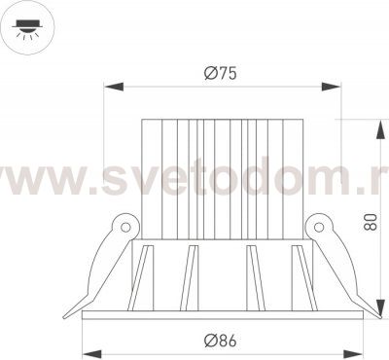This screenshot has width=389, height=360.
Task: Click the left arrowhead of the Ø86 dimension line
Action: click(87, 351)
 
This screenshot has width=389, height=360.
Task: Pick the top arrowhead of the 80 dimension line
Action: click(375, 126)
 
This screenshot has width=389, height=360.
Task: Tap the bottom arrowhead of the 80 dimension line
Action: click(375, 310)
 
